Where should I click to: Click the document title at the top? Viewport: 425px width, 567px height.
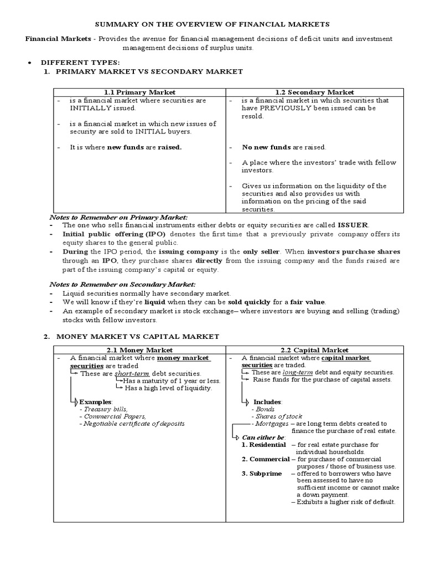click(213, 24)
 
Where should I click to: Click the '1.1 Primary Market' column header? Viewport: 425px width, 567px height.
click(139, 92)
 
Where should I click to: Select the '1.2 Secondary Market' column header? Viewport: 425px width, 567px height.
click(314, 92)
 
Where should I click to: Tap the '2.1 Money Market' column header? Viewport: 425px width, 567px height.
click(139, 350)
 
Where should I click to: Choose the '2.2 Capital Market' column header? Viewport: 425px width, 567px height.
click(314, 350)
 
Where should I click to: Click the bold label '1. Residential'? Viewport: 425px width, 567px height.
click(264, 445)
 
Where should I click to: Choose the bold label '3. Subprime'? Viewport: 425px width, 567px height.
click(261, 473)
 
